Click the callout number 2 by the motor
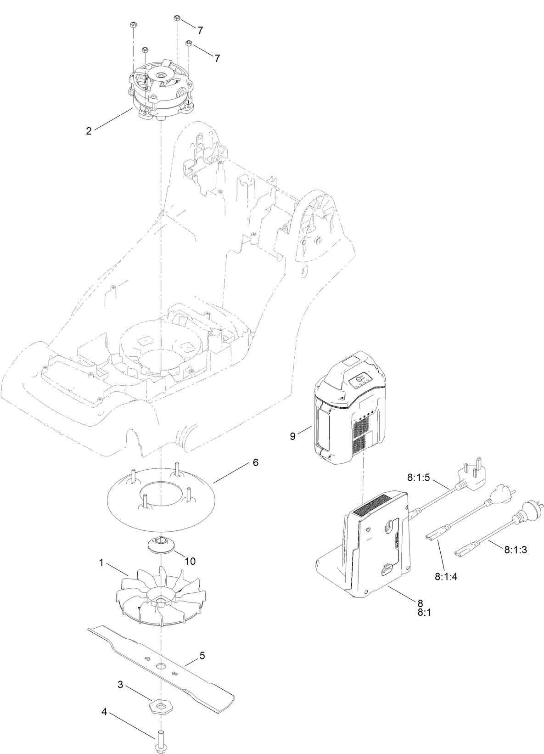coord(89,131)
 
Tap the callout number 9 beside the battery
coord(292,436)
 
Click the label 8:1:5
coord(418,477)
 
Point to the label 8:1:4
coord(446,576)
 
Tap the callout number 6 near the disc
coord(256,462)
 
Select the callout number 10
coord(190,561)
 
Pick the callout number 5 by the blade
coord(202,656)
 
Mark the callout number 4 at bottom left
coord(105,712)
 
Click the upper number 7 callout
coord(201,30)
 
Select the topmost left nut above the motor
coord(133,24)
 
